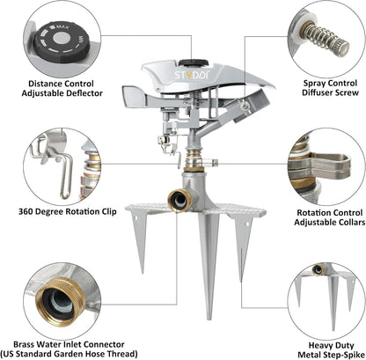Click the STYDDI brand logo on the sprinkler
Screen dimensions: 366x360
pos(192,75)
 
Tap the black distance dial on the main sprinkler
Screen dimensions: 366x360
pos(194,62)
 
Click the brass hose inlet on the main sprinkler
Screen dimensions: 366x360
pos(179,201)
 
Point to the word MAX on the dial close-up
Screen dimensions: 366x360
pos(62,27)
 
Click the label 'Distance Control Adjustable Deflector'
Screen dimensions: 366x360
pos(62,88)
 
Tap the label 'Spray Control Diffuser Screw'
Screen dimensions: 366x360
pos(330,88)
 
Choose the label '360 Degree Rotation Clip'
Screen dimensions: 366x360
pos(68,211)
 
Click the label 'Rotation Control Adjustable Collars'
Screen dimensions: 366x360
pos(330,217)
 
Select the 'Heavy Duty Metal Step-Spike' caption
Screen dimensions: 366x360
pos(331,349)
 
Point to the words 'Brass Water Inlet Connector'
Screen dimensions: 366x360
pos(69,344)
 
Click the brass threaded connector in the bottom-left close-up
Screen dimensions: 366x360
pos(60,301)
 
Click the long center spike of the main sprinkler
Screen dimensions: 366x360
pos(209,264)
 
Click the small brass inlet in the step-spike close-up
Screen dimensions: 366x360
pos(318,269)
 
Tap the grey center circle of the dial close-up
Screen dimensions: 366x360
pos(62,38)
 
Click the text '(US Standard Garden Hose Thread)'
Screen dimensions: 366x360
pos(69,354)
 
